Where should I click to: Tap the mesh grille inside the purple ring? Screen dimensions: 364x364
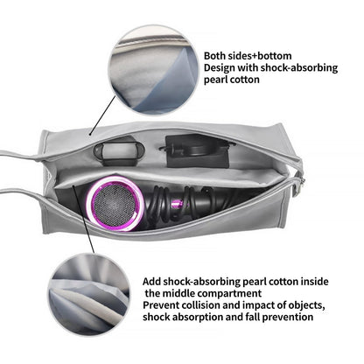point(115,204)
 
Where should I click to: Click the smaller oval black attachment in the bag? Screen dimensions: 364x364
point(119,150)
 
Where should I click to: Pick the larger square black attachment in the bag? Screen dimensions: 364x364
point(196,150)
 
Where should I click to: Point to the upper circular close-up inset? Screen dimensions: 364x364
point(153,71)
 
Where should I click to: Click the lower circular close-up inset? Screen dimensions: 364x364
point(89,296)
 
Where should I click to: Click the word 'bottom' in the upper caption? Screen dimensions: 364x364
point(274,56)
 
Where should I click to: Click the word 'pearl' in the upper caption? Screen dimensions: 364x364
point(216,80)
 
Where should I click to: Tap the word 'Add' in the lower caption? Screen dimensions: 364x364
point(151,282)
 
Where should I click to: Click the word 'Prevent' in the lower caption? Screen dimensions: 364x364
point(161,305)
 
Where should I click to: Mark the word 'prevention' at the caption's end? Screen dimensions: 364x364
point(288,317)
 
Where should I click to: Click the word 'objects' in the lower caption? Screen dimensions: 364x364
point(306,305)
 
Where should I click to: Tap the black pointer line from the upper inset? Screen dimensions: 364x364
point(102,115)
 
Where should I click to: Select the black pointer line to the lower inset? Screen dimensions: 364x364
point(84,220)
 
